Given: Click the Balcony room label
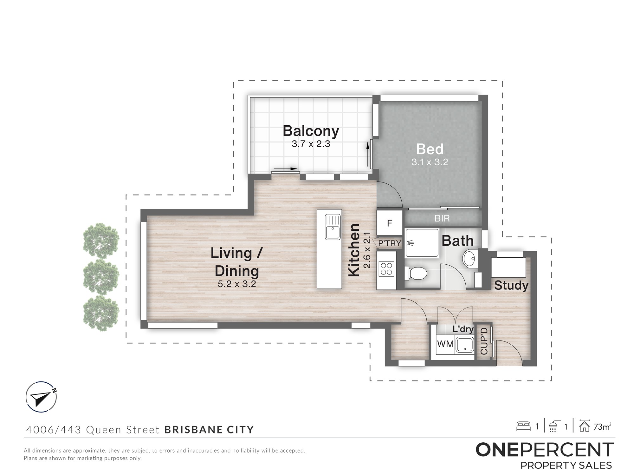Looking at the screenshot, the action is coord(311,131).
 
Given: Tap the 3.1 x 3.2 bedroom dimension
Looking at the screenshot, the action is coord(430,162).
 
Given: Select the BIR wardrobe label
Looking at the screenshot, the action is coord(442,218).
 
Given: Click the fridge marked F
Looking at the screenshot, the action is coord(390,223).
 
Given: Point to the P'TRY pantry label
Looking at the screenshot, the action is coord(390,243).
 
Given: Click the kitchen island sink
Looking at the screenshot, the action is coord(333,227).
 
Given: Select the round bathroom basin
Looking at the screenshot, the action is coord(469,259).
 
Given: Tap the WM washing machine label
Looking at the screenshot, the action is coord(445,344).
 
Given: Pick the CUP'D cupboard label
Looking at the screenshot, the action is coord(484,341).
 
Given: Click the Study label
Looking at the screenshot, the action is coord(511,286).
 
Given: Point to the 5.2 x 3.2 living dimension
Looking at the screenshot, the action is coord(237,284).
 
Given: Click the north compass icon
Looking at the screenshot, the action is coord(42,397).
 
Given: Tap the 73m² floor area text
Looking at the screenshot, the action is coord(602,427).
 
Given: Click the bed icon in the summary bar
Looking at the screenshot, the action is coord(523,426).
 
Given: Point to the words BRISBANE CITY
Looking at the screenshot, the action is coord(209,430).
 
